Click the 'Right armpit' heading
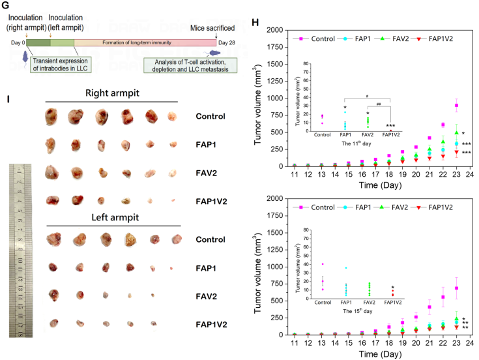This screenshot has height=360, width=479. click(x=111, y=94)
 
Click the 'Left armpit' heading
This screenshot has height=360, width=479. click(x=111, y=220)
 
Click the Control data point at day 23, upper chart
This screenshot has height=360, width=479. click(x=456, y=105)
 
